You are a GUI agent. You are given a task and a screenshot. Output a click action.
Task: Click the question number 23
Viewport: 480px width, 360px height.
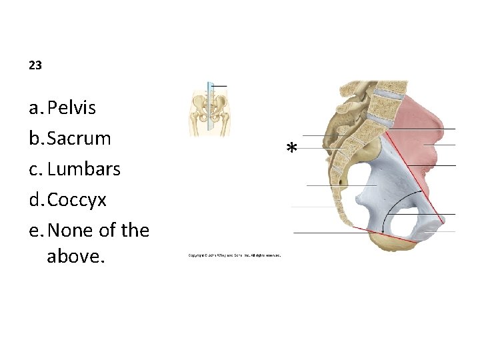pos(35,65)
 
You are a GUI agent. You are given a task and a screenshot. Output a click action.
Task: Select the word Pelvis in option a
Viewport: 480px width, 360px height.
pos(72,107)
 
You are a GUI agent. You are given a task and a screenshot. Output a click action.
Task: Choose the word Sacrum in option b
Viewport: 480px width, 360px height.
pos(79,138)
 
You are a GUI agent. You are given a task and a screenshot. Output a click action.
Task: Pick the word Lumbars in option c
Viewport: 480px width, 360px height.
pos(84,169)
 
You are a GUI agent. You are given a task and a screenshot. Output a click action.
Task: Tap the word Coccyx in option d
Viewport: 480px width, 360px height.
pos(77,199)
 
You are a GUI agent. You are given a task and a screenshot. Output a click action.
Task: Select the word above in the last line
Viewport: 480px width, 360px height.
pos(76,256)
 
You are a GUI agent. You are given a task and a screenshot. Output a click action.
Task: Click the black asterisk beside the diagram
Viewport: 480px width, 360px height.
pos(291,149)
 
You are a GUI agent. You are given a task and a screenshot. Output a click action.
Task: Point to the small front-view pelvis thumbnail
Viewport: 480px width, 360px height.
pos(209,111)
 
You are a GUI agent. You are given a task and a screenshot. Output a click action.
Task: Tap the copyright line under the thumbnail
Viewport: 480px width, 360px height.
pos(235,255)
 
